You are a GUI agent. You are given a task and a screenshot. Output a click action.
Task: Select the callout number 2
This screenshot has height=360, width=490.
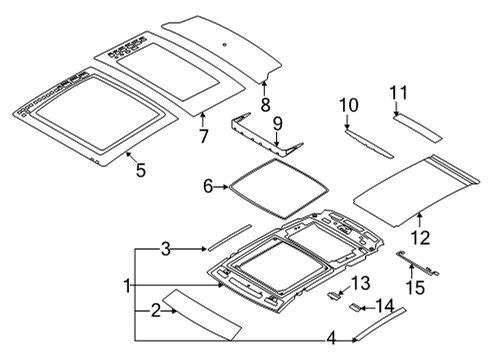coord(156,312)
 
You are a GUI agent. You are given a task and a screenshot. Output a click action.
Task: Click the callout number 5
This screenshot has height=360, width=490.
coord(140,170)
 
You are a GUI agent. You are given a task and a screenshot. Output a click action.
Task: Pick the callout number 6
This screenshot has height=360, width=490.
coord(209,186)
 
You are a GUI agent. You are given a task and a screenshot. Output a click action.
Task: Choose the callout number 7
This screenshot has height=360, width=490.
coord(202,134)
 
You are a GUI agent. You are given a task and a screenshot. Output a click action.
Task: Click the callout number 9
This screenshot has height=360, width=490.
coord(279,124)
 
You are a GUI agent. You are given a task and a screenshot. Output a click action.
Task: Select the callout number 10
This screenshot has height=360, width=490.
coord(348,105)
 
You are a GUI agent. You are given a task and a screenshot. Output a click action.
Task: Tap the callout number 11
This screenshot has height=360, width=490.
coord(399,93)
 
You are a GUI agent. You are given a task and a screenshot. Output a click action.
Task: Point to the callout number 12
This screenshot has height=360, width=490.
coord(420,237)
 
